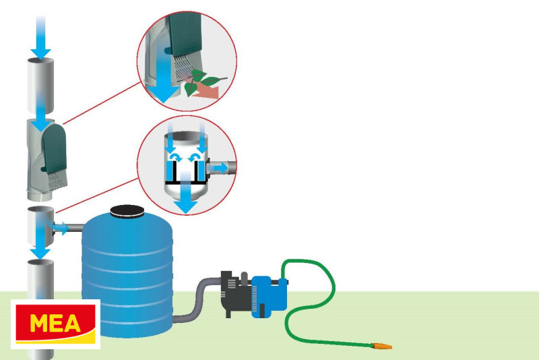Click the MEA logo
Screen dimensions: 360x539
tap(55, 324)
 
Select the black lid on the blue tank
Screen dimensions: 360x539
tap(127, 213)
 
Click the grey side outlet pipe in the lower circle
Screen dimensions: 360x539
tap(225, 167)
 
